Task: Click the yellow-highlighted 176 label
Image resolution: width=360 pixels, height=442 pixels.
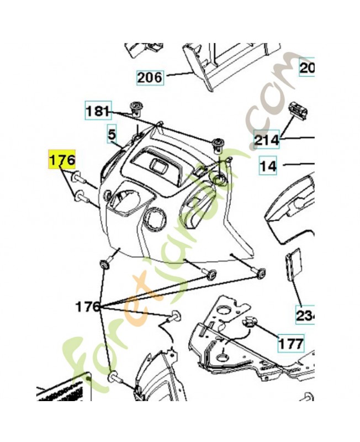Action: point(62,160)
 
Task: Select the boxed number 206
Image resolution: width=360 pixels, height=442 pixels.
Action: point(150,77)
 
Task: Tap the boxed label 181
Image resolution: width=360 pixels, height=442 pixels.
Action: point(98,110)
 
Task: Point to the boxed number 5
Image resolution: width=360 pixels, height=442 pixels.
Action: point(112,134)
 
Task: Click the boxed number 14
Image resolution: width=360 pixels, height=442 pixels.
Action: point(268,165)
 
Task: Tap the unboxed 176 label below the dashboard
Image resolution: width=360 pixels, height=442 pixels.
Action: point(88,306)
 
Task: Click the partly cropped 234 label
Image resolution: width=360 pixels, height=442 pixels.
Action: point(305,315)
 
